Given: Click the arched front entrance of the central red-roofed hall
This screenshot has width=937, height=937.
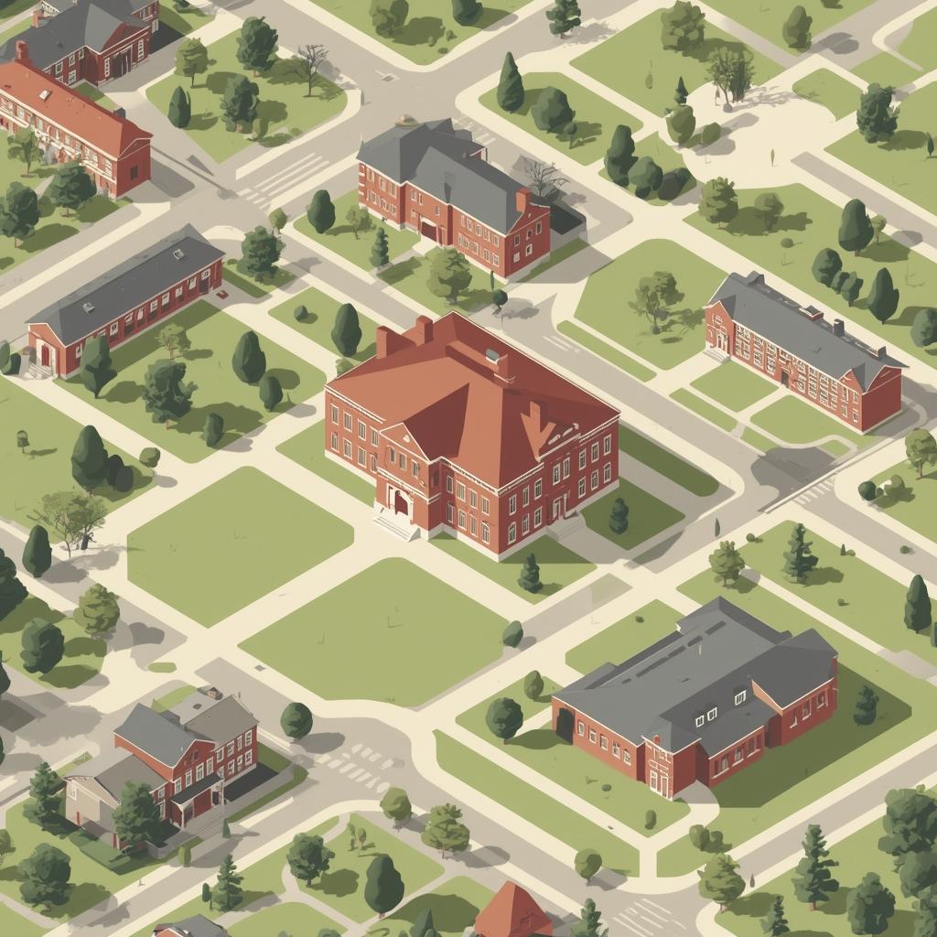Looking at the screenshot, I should pyautogui.click(x=400, y=501).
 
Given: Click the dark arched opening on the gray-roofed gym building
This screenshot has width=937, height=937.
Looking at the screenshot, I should pyautogui.click(x=565, y=726).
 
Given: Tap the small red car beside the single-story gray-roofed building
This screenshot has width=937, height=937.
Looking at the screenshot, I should pyautogui.click(x=222, y=295).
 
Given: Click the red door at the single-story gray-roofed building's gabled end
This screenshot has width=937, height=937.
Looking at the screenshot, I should pyautogui.click(x=45, y=357).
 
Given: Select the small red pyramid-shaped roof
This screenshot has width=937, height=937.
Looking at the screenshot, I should pyautogui.click(x=514, y=910).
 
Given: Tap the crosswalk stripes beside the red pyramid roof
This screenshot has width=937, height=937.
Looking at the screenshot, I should pyautogui.click(x=645, y=915).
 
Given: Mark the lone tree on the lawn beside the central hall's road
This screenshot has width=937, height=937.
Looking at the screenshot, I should pyautogui.click(x=656, y=297).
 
